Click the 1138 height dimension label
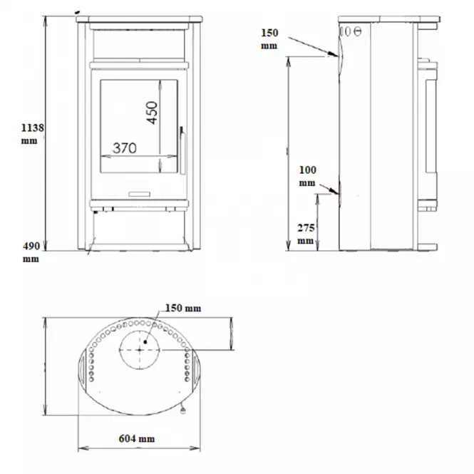tap(32, 128)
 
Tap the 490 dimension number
tap(31, 246)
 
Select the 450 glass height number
tap(152, 113)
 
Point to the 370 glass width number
tap(125, 148)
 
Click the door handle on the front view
tap(182, 150)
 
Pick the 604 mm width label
tap(137, 438)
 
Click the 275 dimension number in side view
tap(306, 227)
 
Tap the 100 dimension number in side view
tap(308, 170)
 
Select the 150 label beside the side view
tap(269, 33)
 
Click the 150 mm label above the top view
tap(183, 308)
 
